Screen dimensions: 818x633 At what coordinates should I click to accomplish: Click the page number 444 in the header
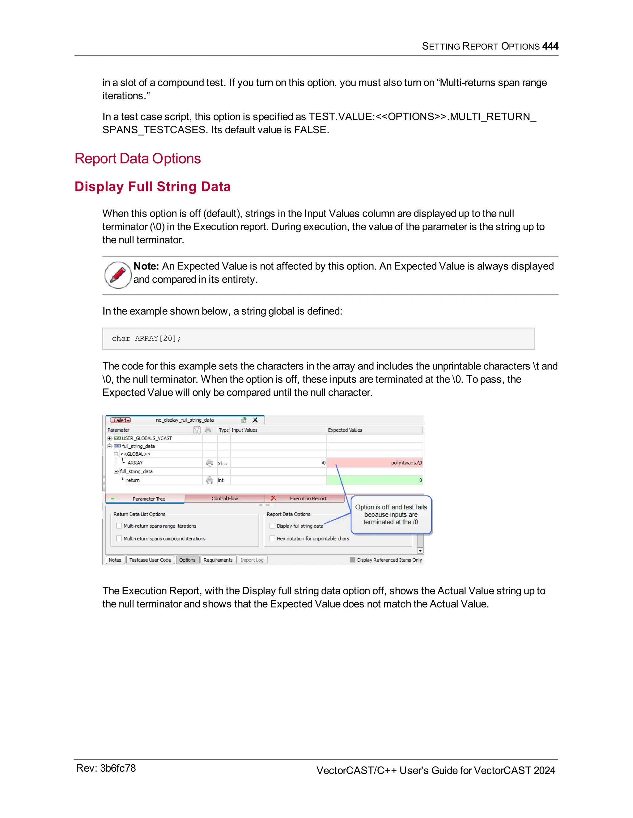pos(550,46)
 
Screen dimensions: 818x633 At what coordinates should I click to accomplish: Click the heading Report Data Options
pos(138,158)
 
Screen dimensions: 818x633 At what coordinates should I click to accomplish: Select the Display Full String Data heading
pos(152,186)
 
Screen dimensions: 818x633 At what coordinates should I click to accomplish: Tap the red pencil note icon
pos(118,275)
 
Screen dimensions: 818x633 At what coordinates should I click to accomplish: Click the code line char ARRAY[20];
pos(146,339)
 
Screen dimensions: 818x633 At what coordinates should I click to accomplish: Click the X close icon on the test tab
pos(255,420)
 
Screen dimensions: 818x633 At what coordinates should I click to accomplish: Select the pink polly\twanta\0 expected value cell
pos(375,463)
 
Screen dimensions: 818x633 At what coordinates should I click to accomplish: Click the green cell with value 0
pos(375,480)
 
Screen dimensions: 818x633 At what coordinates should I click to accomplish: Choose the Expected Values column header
pos(345,430)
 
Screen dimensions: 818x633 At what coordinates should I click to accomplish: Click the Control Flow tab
pos(224,499)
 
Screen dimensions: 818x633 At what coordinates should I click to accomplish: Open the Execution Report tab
pos(308,499)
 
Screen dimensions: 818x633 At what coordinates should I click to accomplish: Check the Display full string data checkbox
pos(272,526)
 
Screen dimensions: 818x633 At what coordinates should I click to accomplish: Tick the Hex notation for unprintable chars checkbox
pos(272,539)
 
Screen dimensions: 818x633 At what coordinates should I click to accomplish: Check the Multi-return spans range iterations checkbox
pos(119,526)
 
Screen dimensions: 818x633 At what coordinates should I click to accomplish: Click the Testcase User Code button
pos(150,560)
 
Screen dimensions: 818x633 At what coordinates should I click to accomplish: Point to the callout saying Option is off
pos(391,515)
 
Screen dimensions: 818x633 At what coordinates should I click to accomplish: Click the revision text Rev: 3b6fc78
pos(106,768)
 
